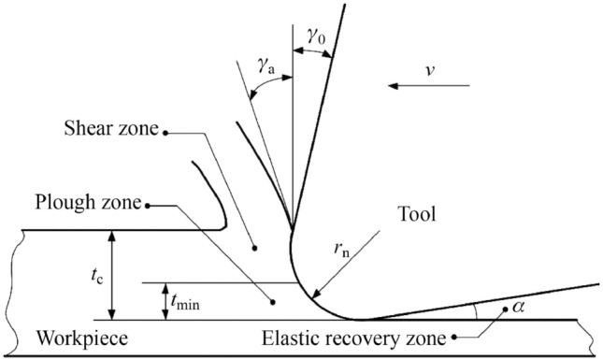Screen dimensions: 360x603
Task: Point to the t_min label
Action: tap(186, 301)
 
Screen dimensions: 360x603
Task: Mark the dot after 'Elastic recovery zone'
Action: tap(456, 337)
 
